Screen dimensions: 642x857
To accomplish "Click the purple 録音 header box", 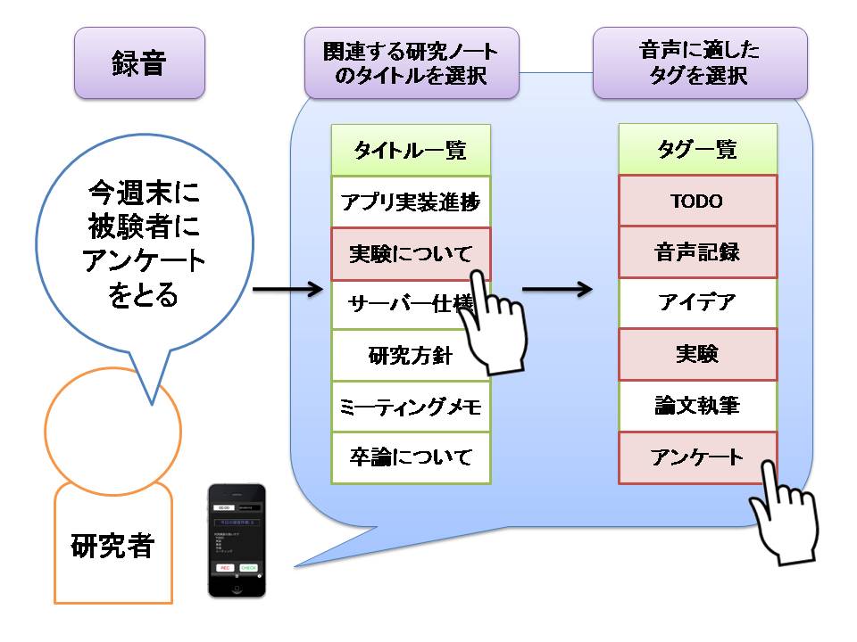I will [139, 62].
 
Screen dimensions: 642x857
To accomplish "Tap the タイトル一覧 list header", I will [411, 150].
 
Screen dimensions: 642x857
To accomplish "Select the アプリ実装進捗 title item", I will [411, 202].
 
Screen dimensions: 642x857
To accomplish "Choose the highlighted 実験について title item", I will [402, 253].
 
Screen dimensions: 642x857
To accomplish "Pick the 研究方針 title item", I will [411, 356].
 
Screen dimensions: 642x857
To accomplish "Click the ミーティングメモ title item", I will [411, 407].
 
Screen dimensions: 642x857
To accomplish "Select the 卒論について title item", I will [411, 458].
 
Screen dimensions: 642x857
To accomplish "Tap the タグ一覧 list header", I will [697, 150].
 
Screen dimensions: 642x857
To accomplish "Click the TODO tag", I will [697, 202].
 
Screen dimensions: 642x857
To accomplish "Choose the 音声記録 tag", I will [697, 253].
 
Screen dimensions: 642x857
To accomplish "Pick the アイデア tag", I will [697, 304].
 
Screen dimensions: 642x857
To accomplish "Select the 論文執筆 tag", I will [697, 407].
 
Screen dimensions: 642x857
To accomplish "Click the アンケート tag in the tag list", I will [697, 458].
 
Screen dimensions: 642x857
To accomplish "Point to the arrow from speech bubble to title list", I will [287, 289].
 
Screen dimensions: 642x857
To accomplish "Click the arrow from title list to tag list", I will [557, 289].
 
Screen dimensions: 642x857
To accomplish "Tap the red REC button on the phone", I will [225, 567].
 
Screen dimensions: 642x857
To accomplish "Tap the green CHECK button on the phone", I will [249, 567].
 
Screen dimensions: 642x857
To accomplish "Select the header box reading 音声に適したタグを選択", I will [700, 62].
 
